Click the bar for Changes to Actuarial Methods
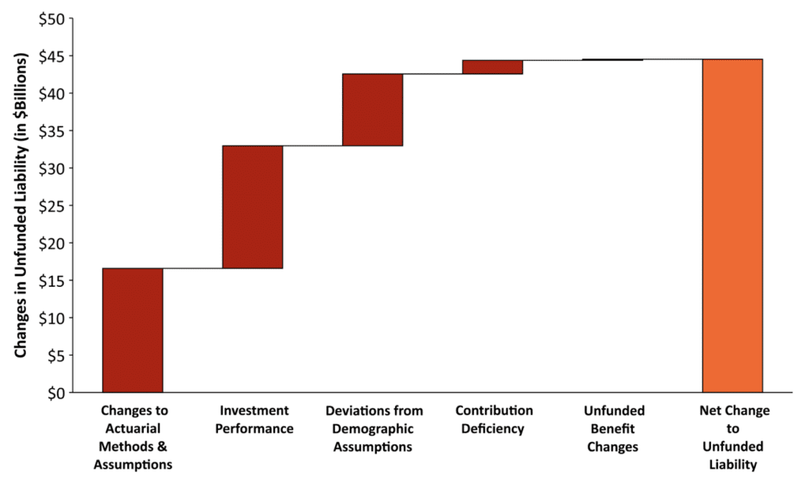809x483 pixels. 133,330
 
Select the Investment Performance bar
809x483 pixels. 253,207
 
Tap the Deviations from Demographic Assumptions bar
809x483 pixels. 373,110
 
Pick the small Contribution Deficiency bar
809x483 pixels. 492,66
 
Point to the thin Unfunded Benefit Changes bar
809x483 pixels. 612,59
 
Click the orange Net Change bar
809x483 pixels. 732,225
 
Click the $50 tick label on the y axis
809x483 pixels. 52,18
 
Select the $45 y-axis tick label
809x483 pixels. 52,56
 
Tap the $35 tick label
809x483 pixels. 52,130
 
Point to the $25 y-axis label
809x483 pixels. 52,206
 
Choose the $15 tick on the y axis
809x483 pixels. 52,281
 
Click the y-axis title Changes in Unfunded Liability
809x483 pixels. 21,206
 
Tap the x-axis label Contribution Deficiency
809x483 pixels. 494,420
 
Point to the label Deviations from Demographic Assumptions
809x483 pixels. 374,428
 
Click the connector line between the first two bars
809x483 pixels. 193,269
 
